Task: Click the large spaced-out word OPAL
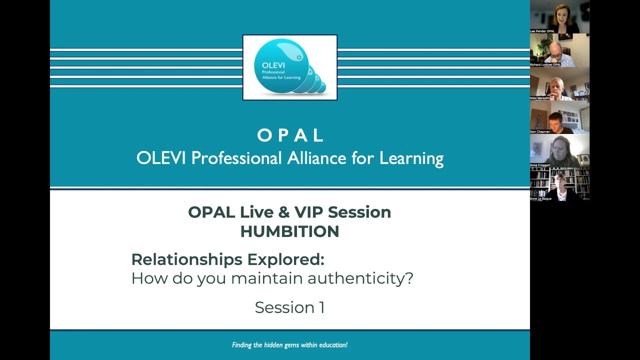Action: coord(290,135)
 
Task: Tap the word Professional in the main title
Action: coord(236,158)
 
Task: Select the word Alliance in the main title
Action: coord(317,158)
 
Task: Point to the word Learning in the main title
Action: coord(411,159)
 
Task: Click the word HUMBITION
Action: coord(290,231)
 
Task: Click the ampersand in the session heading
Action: coord(284,212)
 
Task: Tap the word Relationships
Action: coord(187,260)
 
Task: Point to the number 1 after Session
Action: coord(322,307)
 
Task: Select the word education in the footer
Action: coord(333,345)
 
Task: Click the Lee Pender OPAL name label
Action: coord(542,31)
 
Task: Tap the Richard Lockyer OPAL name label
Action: coord(545,65)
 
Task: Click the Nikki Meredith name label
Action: coord(540,98)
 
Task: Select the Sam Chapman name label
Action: coord(540,132)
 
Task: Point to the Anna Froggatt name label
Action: coord(540,165)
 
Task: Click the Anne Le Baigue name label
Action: coord(541,199)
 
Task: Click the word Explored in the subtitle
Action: coord(285,260)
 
